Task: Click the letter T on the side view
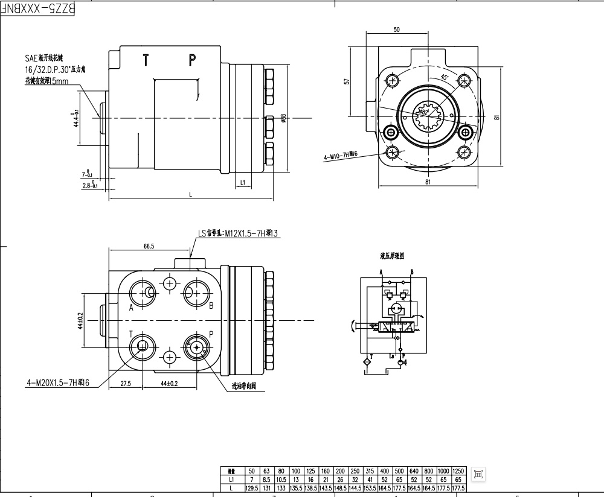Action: tap(146, 60)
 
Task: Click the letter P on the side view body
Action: tap(192, 60)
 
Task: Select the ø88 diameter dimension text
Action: tap(283, 118)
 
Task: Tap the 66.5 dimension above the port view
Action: tap(149, 245)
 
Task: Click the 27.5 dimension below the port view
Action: tap(126, 383)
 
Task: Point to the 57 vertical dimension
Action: tap(347, 81)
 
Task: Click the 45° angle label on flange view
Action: tap(444, 77)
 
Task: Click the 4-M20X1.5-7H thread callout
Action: tap(58, 383)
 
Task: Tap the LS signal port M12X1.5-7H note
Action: tap(237, 233)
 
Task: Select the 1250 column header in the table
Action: tap(458, 471)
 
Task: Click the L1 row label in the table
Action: tap(231, 479)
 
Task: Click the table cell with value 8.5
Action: tap(266, 479)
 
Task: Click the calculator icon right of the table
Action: tap(478, 474)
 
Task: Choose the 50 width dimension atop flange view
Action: tap(396, 30)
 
